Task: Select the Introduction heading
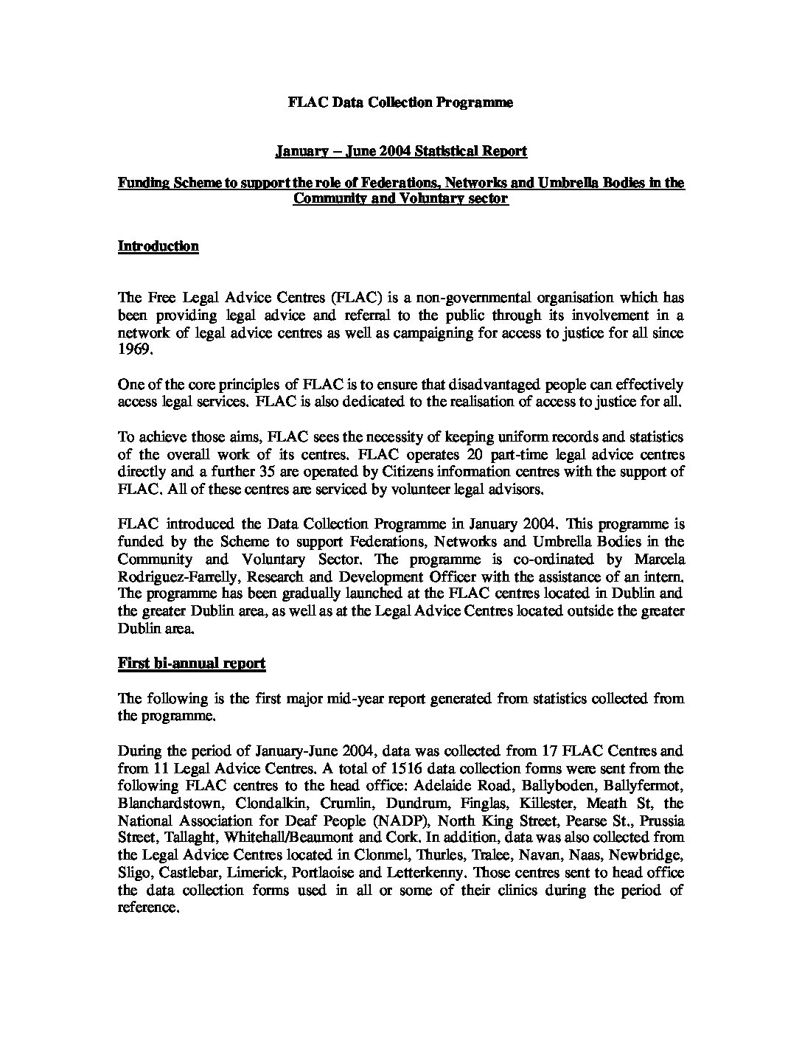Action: coord(158,246)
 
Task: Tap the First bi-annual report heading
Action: coord(192,663)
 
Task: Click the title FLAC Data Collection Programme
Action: coord(400,102)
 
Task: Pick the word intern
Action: coord(664,577)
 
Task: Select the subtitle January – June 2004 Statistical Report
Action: coord(401,152)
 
